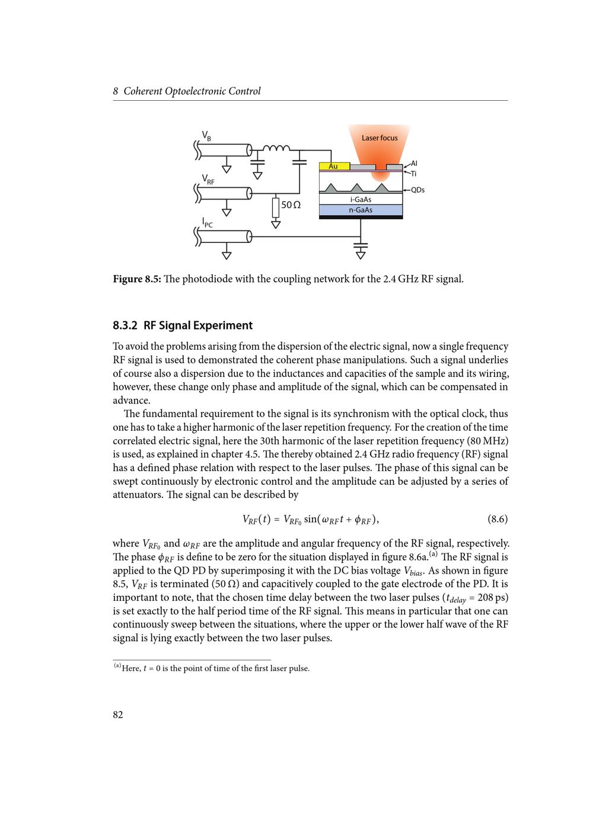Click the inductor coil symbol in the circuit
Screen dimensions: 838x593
(276, 148)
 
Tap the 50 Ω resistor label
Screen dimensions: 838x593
(291, 205)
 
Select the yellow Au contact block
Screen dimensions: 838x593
(334, 167)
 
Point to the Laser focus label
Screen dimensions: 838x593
(380, 138)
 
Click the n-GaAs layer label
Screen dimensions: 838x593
(361, 210)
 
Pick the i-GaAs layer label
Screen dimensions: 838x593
(361, 200)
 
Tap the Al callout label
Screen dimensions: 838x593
(414, 163)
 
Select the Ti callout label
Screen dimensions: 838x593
(413, 174)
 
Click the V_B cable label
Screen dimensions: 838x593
(206, 136)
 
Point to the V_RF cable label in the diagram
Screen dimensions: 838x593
(208, 179)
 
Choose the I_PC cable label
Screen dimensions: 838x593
(207, 223)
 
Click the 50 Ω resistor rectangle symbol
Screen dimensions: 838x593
(276, 207)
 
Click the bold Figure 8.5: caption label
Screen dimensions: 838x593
(137, 279)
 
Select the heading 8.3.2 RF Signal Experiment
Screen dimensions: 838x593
(183, 325)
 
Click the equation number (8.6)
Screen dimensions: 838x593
(498, 520)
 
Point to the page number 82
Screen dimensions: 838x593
(118, 715)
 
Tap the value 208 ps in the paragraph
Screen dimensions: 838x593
(492, 597)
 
